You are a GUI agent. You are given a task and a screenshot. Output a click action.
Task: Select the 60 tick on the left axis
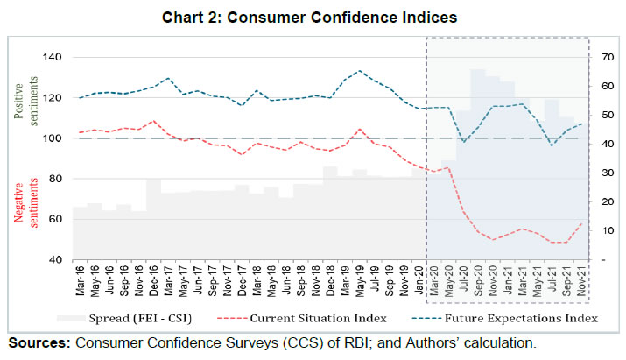51,220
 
